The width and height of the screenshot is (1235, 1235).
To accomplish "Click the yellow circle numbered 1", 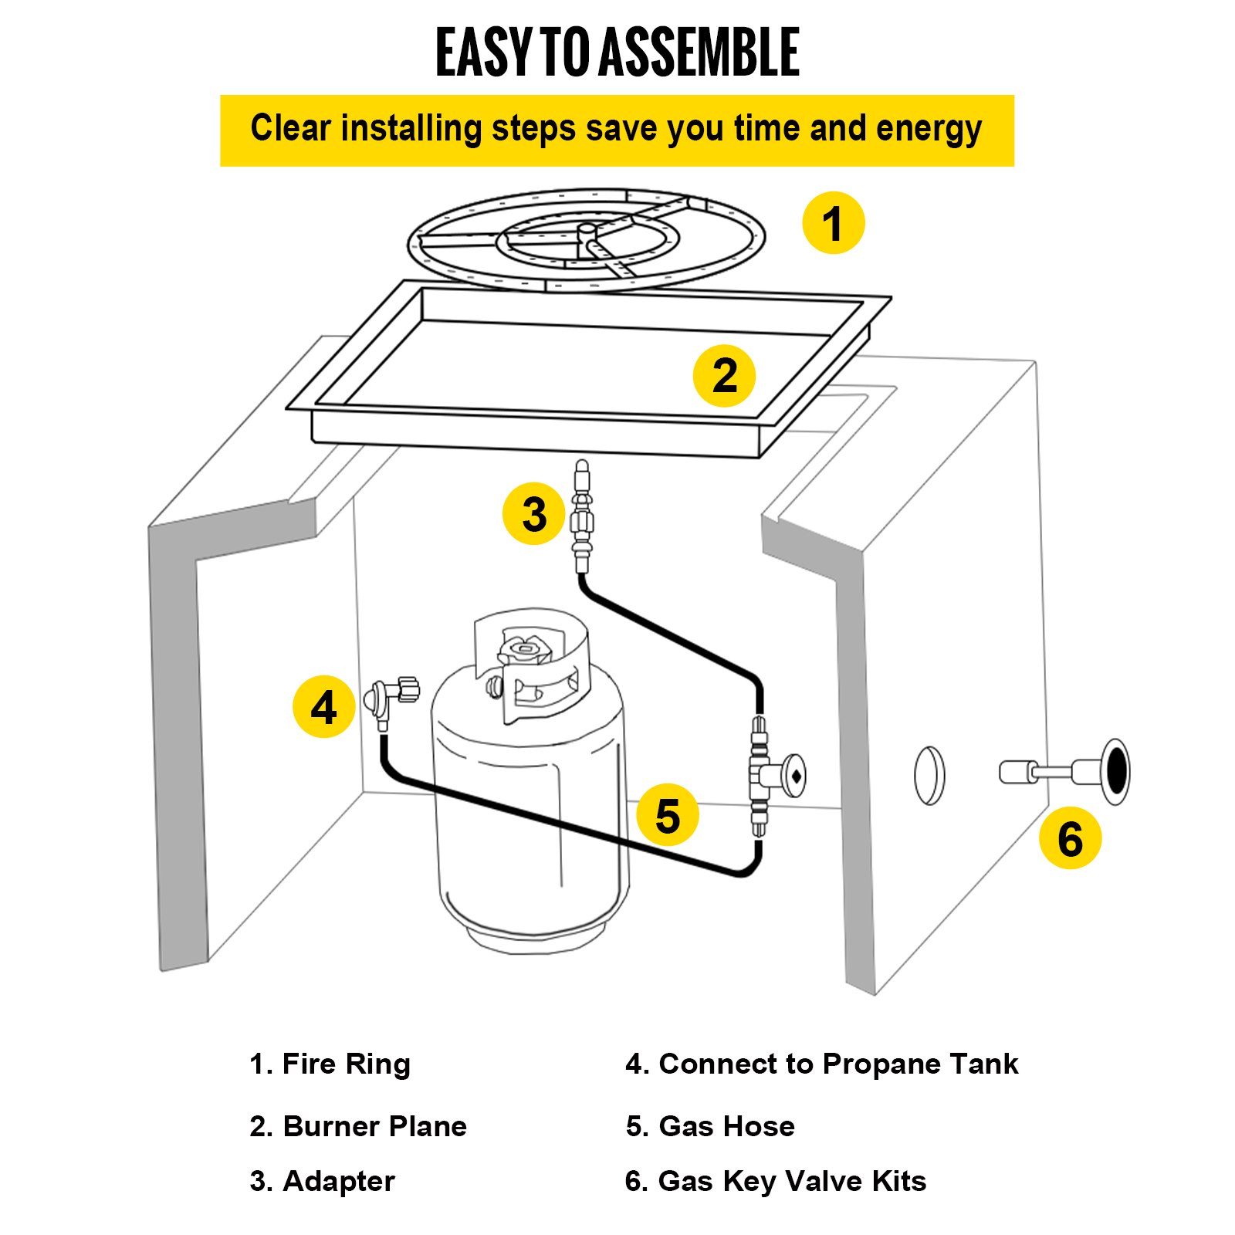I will (x=833, y=223).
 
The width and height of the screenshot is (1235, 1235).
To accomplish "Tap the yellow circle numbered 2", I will (x=724, y=376).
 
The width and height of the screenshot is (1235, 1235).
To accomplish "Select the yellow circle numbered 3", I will (x=533, y=514).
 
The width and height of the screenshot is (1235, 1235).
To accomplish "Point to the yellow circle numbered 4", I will (x=323, y=706).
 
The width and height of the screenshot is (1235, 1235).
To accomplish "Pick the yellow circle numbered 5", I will (x=668, y=815).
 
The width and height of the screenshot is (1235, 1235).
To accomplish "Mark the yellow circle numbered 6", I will (x=1070, y=838).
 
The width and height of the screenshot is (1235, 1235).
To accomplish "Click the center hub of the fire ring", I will (x=587, y=230).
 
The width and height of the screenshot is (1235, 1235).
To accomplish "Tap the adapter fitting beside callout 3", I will (x=582, y=517).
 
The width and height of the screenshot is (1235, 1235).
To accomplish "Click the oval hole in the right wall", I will (x=929, y=775).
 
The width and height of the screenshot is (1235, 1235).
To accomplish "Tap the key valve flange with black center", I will (x=1115, y=771).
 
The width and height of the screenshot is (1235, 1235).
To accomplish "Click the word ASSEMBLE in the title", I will (x=699, y=52).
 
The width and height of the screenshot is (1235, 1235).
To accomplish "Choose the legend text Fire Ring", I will (x=346, y=1064).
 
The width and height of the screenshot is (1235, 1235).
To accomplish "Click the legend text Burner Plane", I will (x=374, y=1127).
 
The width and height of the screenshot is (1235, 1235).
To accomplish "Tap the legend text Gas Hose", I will (x=726, y=1127).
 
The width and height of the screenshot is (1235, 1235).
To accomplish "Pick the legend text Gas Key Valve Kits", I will (x=791, y=1182).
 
